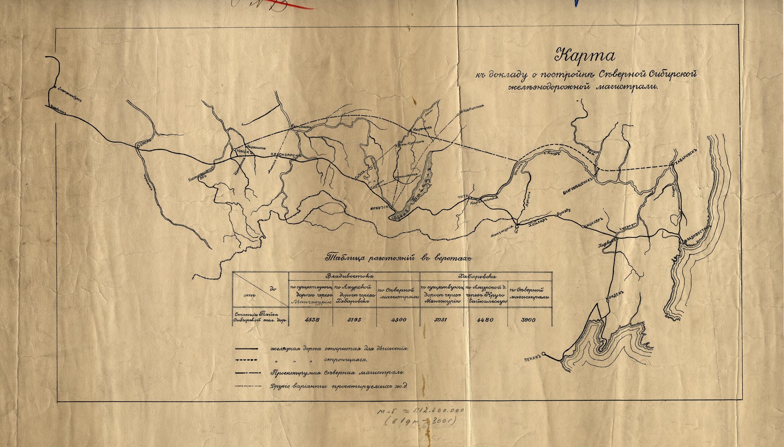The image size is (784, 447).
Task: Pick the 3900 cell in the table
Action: (529, 320)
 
